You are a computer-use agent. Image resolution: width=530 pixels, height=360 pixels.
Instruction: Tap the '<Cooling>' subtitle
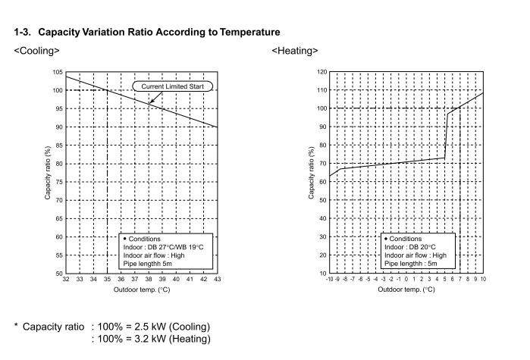[36, 51]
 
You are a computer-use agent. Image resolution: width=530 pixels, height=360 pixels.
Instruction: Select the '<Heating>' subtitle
[295, 51]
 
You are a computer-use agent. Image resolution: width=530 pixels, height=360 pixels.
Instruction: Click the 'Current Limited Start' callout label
[174, 86]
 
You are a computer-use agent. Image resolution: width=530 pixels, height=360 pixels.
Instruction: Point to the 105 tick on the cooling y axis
[58, 72]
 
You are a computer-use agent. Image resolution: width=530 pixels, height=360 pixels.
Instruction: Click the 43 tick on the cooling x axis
[217, 280]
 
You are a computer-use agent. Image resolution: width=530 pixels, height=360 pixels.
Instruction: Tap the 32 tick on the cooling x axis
[66, 280]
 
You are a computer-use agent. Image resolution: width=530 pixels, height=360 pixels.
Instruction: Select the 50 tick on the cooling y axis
[59, 273]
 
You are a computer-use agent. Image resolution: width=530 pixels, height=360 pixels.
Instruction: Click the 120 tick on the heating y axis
[321, 72]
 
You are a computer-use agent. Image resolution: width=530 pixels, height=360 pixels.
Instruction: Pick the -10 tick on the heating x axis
[329, 280]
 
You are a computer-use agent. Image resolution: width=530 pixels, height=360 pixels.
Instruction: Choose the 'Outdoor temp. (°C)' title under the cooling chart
[142, 290]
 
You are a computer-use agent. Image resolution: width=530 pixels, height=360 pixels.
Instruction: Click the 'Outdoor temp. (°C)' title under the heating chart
[406, 290]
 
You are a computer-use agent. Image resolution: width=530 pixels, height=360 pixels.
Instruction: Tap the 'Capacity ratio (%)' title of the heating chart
[312, 173]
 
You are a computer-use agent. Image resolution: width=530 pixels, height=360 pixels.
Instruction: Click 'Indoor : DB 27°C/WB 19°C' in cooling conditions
[165, 247]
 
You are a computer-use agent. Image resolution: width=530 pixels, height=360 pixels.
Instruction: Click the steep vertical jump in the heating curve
[447, 136]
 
